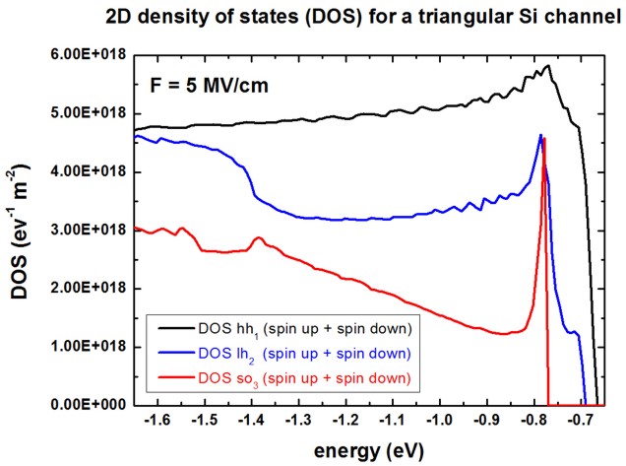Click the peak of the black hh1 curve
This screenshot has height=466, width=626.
[548, 66]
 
